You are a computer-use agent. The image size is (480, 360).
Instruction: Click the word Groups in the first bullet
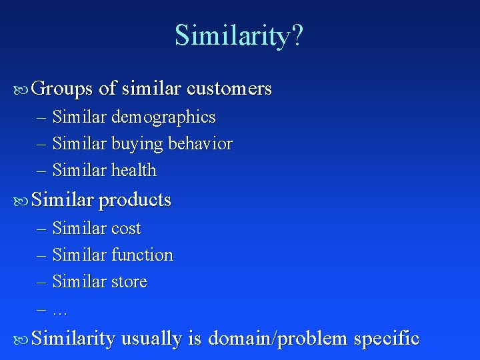coord(62,89)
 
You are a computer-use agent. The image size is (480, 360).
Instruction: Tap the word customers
coord(229,89)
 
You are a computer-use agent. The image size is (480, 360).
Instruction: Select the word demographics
coord(163,118)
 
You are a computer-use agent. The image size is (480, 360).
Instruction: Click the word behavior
coord(200,144)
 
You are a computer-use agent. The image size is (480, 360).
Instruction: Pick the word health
coord(134,171)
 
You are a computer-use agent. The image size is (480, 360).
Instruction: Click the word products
coord(135,201)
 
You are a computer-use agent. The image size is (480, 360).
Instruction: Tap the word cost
coord(126,229)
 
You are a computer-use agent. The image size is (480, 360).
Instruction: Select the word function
coord(142,255)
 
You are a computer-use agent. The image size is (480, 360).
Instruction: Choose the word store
coord(129,282)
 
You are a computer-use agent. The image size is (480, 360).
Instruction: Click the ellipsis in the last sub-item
coord(60,311)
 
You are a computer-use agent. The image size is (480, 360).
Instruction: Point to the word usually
coord(151,339)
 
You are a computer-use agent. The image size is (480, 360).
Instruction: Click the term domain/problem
coord(278,339)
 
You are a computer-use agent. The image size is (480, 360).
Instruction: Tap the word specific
coord(387,339)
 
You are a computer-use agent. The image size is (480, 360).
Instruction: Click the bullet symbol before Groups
coord(21,89)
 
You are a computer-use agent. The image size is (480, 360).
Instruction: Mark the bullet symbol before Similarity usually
coord(21,339)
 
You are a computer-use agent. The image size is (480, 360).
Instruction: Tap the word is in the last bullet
coord(195,339)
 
